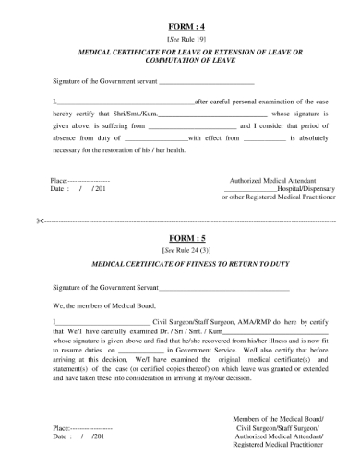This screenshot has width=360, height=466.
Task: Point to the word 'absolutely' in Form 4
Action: click(315, 137)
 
